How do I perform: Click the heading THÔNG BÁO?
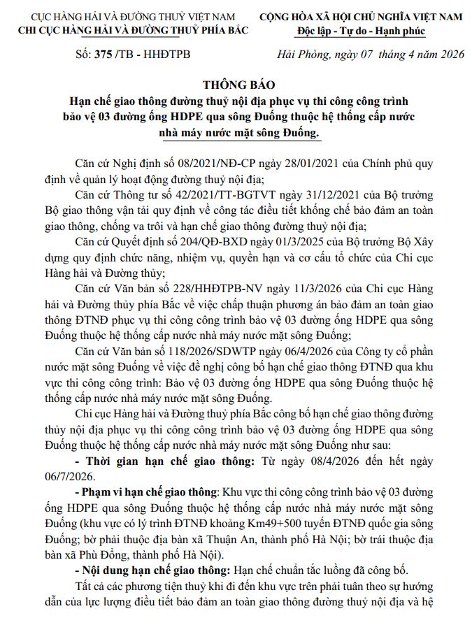pyautogui.click(x=236, y=85)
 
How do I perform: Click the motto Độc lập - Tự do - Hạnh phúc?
pyautogui.click(x=361, y=31)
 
